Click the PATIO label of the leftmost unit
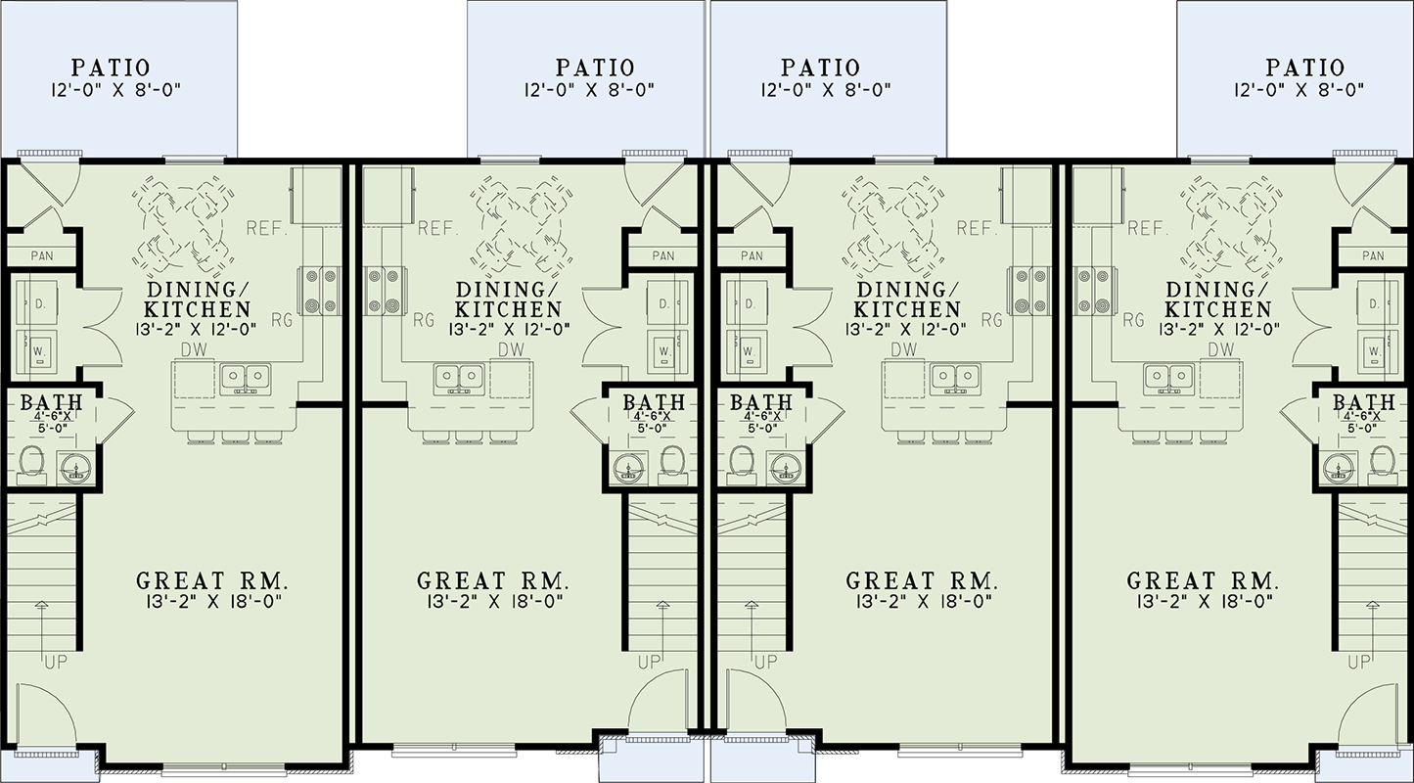[x=111, y=68]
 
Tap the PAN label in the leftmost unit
[x=42, y=256]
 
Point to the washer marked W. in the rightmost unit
[x=1374, y=349]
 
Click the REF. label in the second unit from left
[x=438, y=229]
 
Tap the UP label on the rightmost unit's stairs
[x=1359, y=663]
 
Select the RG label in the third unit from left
[x=991, y=319]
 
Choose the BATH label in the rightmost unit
[x=1363, y=403]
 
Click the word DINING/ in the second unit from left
[x=505, y=290]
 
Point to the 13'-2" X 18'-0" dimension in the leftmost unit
[x=209, y=601]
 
